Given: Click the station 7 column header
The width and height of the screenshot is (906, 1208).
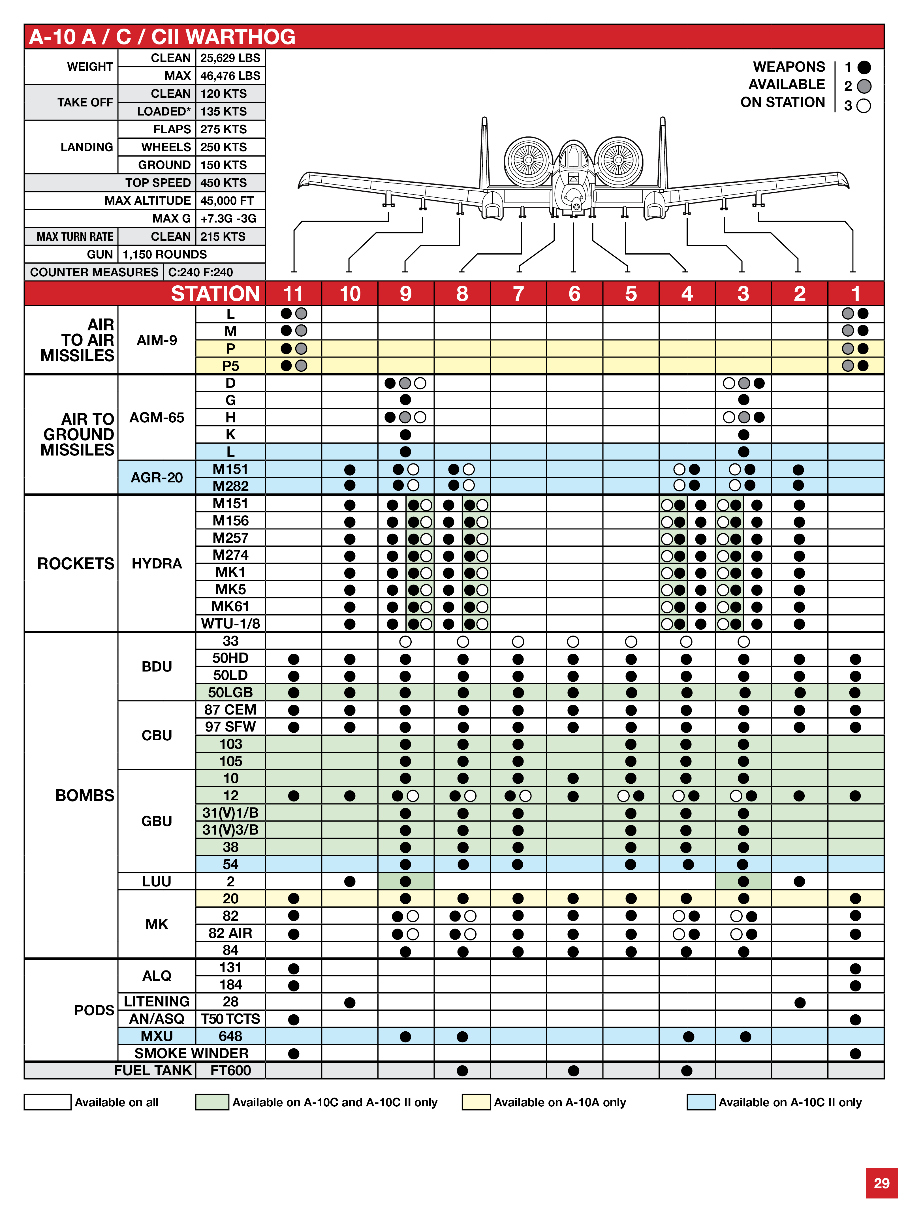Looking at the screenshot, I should click(518, 294).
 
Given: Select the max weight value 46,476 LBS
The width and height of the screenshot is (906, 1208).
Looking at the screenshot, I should click(230, 76).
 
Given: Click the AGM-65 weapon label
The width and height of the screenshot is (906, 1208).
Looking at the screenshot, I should click(157, 418).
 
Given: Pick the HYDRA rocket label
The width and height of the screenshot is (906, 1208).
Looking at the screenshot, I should click(157, 564).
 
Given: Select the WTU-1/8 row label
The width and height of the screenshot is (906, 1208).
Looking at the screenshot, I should click(230, 624).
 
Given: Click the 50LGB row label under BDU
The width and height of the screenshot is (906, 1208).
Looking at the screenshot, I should click(230, 692).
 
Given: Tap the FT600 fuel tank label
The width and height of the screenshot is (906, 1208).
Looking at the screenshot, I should click(230, 1070).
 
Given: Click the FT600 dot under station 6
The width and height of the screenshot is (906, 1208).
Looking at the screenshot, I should click(573, 1070).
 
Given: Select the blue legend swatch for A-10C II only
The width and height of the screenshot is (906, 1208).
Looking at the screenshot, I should click(701, 1102).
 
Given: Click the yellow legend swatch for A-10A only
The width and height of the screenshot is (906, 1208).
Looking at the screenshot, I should click(476, 1102).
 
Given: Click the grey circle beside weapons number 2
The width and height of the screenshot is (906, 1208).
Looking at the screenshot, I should click(864, 86).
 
